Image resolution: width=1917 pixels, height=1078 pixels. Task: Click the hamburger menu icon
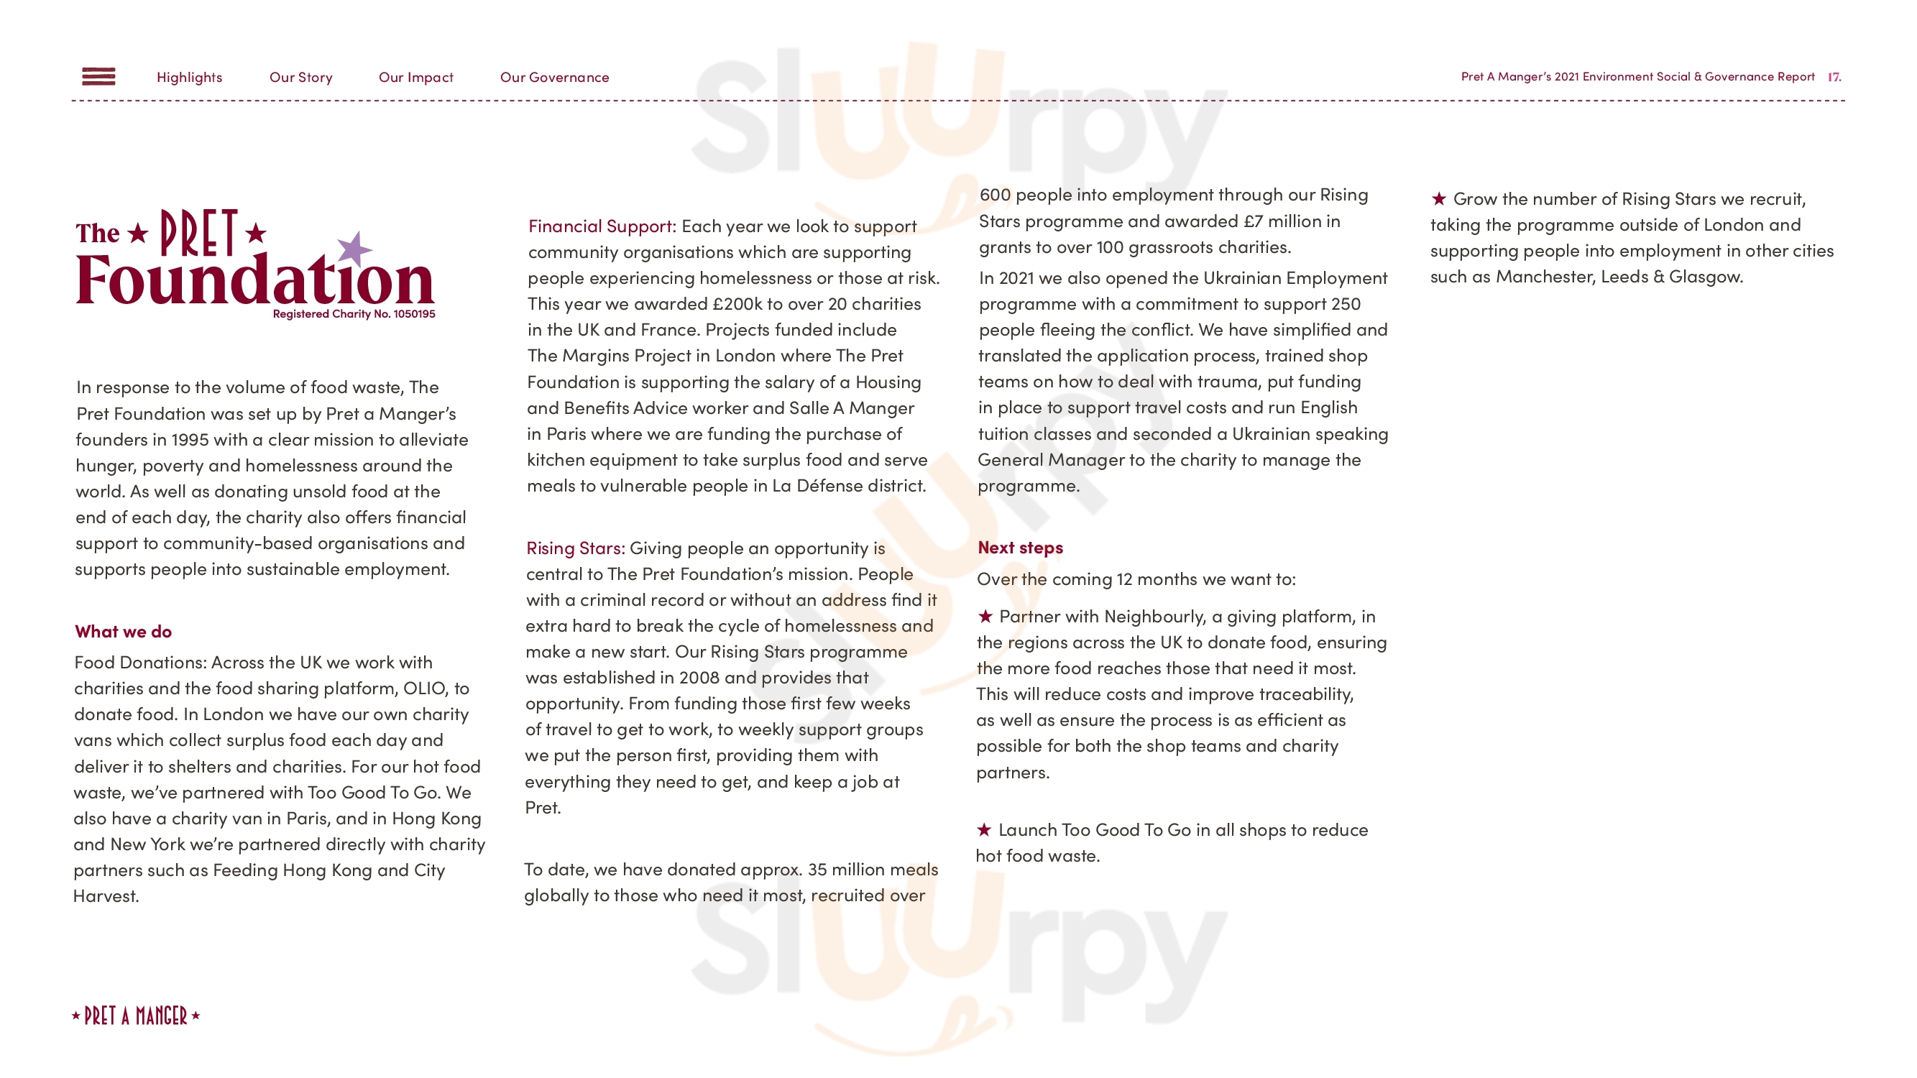[x=98, y=77]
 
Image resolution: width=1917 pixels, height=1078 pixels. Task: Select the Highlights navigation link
[x=189, y=78]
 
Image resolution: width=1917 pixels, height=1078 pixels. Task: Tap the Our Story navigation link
[x=300, y=78]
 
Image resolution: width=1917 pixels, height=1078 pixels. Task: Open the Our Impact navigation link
[x=415, y=78]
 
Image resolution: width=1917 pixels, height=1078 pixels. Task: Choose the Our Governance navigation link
[x=553, y=78]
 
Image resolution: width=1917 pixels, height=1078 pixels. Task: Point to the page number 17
[x=1834, y=77]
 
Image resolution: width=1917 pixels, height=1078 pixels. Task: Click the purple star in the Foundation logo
[x=354, y=249]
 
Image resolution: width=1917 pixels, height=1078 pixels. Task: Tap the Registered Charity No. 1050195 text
[x=354, y=314]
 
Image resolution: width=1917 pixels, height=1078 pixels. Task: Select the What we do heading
[x=123, y=632]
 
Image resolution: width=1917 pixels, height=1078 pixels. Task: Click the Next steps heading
[x=1019, y=548]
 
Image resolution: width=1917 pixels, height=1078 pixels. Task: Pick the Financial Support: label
[x=602, y=226]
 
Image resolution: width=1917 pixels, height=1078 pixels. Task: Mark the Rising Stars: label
[x=575, y=548]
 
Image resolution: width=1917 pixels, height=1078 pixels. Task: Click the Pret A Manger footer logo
[x=136, y=1015]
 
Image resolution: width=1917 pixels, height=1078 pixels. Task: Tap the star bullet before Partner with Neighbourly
[x=985, y=616]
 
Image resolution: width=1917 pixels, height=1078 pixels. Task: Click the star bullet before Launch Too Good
[x=984, y=829]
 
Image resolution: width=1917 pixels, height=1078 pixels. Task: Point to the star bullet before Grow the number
[x=1438, y=198]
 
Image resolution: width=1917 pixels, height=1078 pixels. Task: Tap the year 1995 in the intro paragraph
[x=190, y=440]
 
